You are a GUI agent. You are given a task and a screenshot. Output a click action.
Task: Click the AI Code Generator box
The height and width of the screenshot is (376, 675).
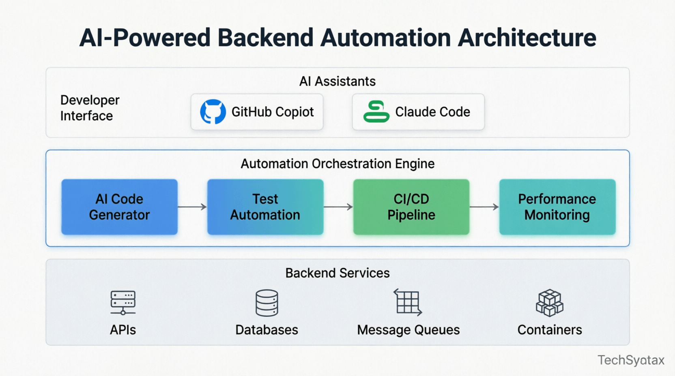pos(119,207)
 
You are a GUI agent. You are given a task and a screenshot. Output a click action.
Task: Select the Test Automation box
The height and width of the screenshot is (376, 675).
pos(265,207)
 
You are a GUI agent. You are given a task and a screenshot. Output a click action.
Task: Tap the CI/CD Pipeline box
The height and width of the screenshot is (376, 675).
pos(411,207)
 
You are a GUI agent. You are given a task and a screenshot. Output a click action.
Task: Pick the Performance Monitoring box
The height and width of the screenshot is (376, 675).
pos(557,207)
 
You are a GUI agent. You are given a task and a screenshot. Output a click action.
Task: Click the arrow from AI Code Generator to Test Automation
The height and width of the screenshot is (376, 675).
pos(192,207)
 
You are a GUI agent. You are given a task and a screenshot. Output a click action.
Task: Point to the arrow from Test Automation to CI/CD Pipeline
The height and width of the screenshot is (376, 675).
pos(338,207)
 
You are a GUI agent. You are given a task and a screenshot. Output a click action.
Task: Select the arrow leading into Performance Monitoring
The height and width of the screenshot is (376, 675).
pos(484,207)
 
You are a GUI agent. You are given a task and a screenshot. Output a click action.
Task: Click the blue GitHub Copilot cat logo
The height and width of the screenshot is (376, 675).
pos(213,112)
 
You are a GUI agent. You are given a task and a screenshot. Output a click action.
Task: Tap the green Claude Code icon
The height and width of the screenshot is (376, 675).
pos(376,112)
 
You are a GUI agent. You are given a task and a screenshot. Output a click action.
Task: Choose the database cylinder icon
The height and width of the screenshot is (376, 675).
pos(267,303)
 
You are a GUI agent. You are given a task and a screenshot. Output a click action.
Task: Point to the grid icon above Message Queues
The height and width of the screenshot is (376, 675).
pos(408,302)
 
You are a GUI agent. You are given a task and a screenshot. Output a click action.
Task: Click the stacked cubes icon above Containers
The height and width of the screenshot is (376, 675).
pos(550,303)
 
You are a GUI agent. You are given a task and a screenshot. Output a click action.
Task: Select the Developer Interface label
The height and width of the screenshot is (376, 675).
pos(90,108)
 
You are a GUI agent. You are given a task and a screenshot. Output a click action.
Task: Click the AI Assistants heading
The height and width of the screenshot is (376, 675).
pos(337,81)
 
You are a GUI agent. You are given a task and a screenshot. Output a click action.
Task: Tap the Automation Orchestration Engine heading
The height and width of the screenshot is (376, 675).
pos(337,164)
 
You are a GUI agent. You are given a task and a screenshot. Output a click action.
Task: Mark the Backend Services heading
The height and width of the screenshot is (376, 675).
pos(337,273)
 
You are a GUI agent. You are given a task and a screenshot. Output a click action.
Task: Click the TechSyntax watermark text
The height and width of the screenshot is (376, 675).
pos(631,360)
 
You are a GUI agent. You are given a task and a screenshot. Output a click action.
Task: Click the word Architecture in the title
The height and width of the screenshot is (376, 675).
pos(527,38)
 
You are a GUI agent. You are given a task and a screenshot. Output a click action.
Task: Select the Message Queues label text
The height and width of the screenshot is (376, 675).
pos(408,330)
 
